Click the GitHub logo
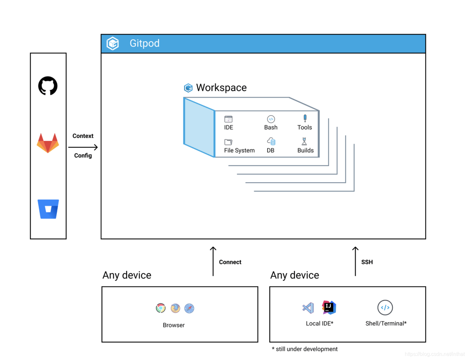click(48, 86)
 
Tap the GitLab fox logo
click(48, 143)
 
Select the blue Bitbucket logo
click(48, 209)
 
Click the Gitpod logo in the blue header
click(113, 43)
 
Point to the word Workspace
click(221, 88)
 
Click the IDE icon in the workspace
click(229, 119)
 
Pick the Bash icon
click(271, 119)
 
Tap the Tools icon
click(305, 118)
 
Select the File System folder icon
click(229, 142)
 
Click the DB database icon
click(271, 141)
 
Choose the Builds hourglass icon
click(304, 141)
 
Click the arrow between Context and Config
click(83, 147)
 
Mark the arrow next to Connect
click(213, 261)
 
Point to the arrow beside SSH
click(355, 261)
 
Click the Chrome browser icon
click(161, 308)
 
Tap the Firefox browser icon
click(175, 308)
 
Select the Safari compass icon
click(189, 308)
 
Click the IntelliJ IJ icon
click(329, 307)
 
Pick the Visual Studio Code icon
click(308, 308)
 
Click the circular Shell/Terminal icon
click(385, 307)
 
